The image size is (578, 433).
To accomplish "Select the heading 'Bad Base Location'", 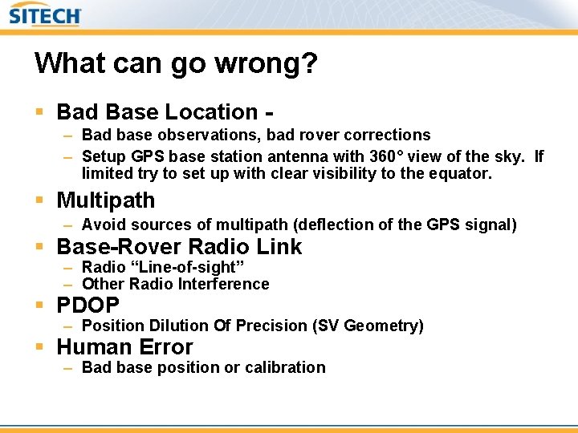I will point(157,112).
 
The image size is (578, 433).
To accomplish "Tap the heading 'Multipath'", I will point(105,200).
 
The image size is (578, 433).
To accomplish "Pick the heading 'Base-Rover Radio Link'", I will point(179,247).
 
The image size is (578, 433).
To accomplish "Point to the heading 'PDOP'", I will point(88,306).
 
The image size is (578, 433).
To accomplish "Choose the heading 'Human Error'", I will point(124,347).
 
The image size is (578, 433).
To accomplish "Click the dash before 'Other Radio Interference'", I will point(68,284).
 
